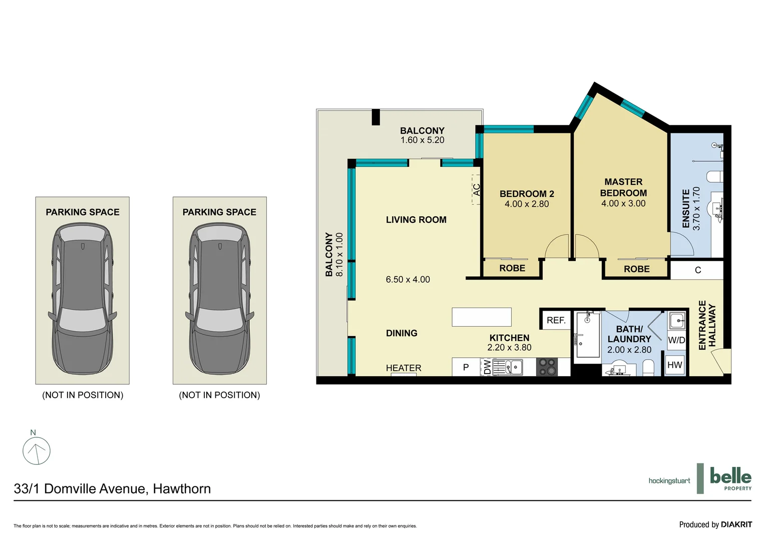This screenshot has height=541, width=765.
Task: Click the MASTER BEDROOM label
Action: (x=623, y=187)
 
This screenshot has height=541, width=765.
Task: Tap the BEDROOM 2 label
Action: (x=527, y=194)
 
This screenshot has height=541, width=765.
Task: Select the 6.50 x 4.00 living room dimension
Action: (x=408, y=280)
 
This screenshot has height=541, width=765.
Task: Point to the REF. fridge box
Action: (x=556, y=321)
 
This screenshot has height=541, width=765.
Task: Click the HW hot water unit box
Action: (x=674, y=365)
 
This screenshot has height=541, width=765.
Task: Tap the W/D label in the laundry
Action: (x=676, y=340)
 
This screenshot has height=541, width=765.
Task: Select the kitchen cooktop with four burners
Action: (x=547, y=367)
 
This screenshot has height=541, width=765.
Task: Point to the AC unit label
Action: (x=476, y=190)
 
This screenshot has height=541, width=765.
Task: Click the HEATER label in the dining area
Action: (x=404, y=368)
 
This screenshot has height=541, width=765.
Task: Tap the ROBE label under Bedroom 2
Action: (x=512, y=268)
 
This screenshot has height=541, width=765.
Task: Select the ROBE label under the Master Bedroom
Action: (x=636, y=269)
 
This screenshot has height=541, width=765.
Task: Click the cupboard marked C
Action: (x=697, y=270)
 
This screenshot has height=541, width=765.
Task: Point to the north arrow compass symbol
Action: (x=37, y=450)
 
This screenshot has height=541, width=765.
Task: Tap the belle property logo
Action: (x=730, y=478)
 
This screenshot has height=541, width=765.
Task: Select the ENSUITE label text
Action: (x=686, y=209)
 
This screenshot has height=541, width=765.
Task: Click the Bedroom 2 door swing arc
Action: (x=556, y=246)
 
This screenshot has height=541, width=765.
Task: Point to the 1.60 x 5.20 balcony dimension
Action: (x=422, y=140)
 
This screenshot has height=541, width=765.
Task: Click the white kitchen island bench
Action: (x=482, y=317)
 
